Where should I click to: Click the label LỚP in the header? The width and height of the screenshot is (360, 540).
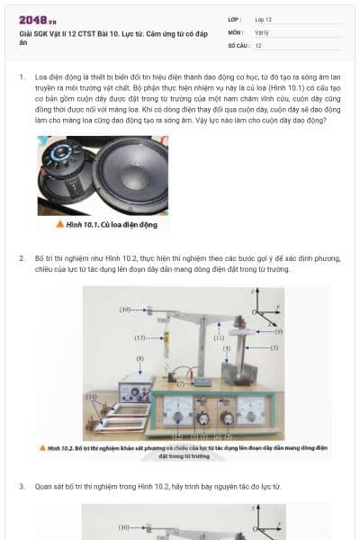235,19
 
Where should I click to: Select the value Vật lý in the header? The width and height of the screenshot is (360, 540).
262,31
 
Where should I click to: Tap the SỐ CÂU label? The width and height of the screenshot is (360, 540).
238,44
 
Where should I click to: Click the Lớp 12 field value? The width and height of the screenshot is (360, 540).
264,19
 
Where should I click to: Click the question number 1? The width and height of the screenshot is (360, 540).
22,77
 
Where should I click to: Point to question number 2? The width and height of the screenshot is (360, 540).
22,257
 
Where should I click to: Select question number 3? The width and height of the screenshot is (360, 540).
22,487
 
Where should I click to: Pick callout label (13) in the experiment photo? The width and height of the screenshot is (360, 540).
139,337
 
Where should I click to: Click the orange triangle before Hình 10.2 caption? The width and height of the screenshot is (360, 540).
42,446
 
